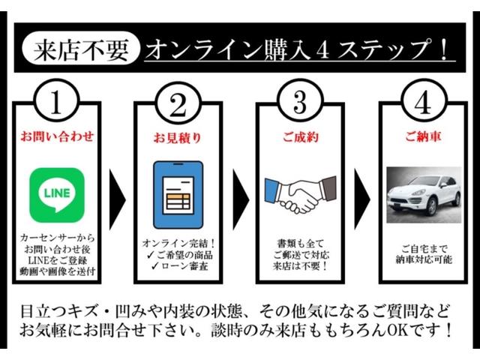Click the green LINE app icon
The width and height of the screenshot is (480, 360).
coord(57,195)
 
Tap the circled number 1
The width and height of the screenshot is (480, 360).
coord(57,102)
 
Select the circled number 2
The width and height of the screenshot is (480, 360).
coord(178,103)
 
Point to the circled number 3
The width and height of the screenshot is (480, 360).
coord(300,102)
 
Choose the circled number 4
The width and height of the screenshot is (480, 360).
coord(423,102)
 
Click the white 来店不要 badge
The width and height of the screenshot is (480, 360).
coord(80,48)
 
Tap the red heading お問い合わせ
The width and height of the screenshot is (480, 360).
coord(57,136)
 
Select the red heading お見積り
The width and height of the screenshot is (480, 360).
coord(178,137)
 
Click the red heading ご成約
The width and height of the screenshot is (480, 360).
coord(300,137)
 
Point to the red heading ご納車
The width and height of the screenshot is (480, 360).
coord(423,136)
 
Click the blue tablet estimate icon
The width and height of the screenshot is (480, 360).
coord(178,195)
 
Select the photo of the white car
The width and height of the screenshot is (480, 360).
coord(424,195)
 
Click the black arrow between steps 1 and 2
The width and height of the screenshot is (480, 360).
coord(117,199)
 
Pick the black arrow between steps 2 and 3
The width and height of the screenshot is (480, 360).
coord(241,199)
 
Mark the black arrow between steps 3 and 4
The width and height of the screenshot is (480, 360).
coord(362,199)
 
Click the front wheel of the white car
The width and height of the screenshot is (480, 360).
coord(432,207)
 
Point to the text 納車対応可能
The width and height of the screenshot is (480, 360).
coord(424,260)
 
